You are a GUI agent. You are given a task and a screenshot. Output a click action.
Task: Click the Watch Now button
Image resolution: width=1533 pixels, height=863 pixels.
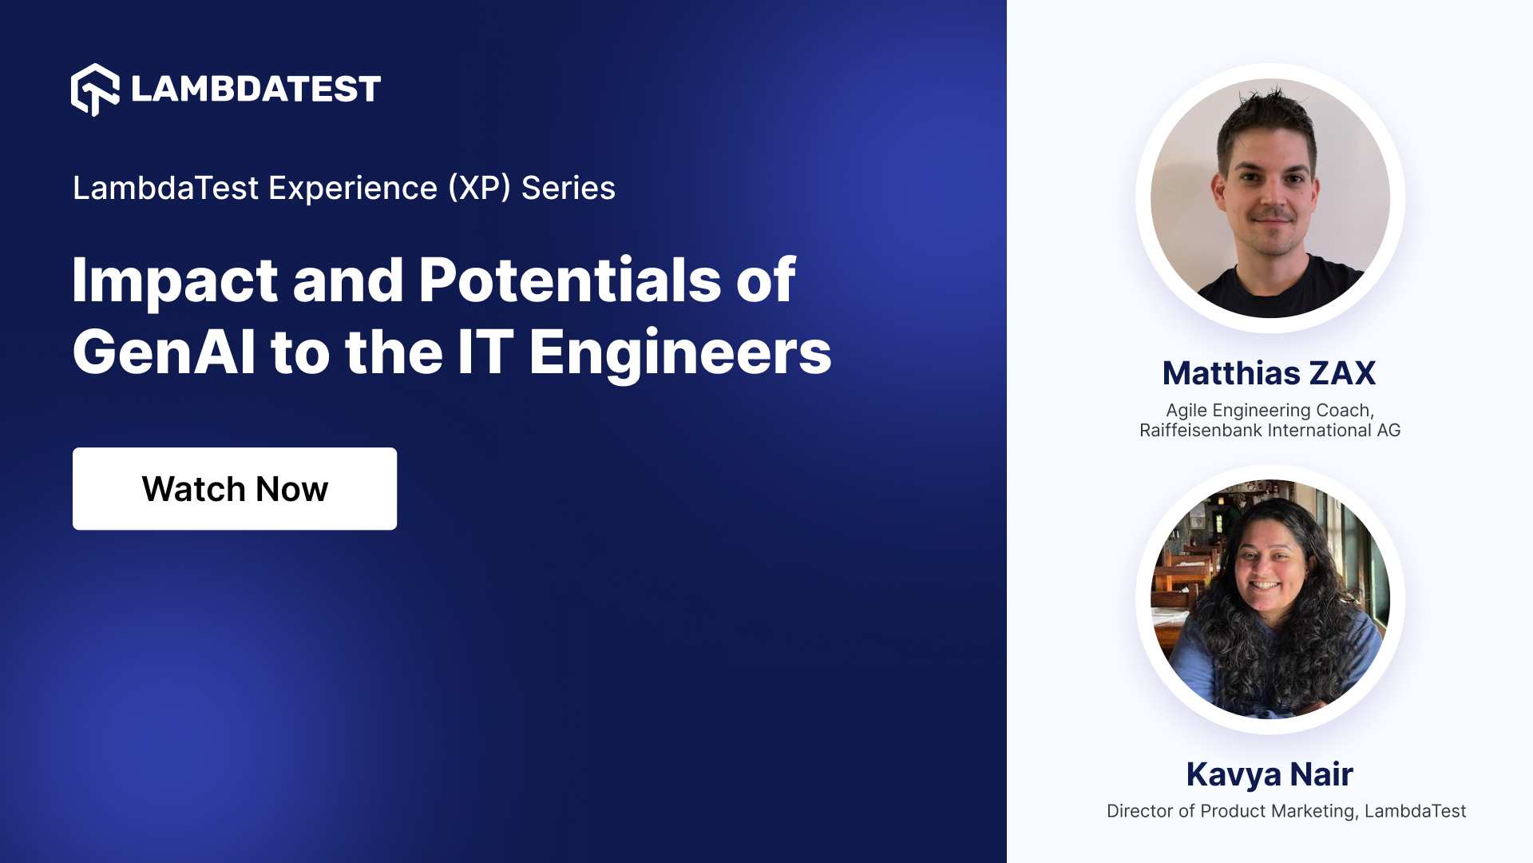coord(235,489)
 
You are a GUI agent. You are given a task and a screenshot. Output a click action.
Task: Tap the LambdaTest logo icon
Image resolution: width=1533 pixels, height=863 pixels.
coord(95,89)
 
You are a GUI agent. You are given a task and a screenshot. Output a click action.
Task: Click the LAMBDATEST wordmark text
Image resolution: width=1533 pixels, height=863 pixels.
coord(255,89)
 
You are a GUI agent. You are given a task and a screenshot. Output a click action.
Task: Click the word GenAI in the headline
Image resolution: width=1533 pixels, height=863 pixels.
coord(164,352)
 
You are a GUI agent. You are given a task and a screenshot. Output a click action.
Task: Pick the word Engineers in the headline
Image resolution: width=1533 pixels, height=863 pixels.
coord(680,352)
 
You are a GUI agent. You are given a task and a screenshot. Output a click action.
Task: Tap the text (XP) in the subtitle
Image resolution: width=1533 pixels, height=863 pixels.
coord(479,189)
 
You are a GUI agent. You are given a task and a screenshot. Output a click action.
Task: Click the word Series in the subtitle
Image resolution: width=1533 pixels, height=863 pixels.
coord(568,189)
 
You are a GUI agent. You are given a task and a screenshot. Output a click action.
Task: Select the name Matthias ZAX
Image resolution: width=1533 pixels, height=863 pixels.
coord(1270,373)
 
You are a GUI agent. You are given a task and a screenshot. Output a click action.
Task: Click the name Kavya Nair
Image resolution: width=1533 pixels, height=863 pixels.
coord(1270,774)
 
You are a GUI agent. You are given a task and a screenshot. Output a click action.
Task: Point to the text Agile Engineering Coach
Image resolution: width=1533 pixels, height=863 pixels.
coord(1270,410)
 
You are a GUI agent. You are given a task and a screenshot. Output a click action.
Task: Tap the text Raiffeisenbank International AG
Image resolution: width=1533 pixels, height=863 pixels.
coord(1270,431)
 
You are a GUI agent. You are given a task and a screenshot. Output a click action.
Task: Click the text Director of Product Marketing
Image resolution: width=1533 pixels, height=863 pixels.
coord(1231,811)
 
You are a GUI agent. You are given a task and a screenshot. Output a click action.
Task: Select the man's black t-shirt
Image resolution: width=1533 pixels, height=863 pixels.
coord(1277,292)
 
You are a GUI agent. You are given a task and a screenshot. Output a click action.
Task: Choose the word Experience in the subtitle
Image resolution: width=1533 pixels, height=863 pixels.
coord(353,189)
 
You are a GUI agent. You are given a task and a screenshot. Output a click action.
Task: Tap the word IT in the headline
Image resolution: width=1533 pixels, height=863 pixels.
coord(485,352)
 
